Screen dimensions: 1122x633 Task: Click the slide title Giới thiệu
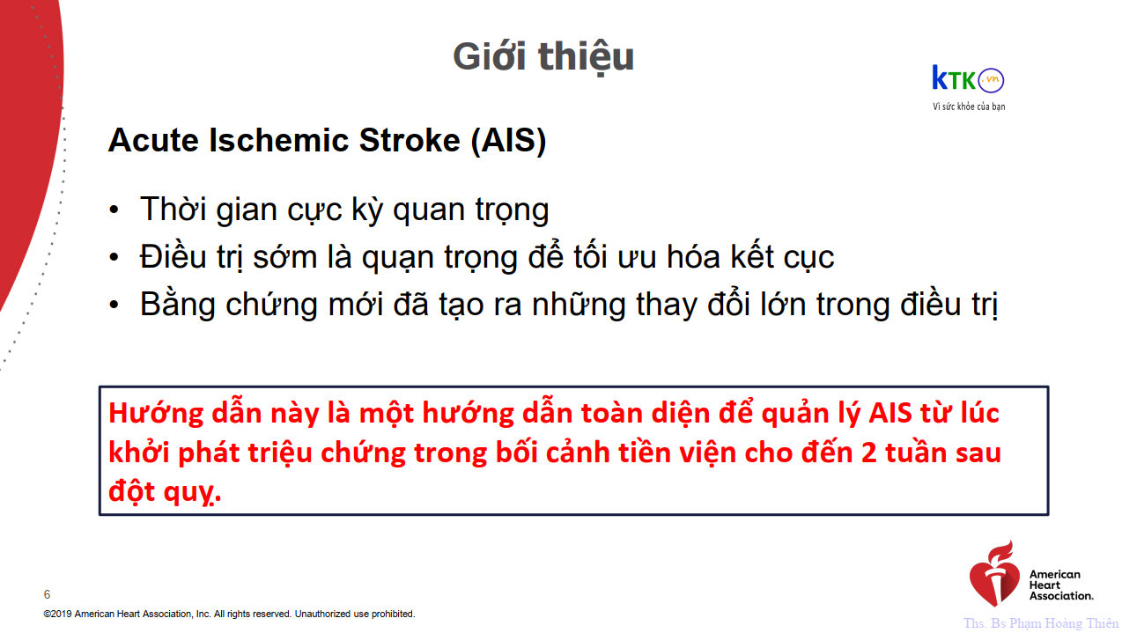(543, 57)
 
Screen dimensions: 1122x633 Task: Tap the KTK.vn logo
(968, 79)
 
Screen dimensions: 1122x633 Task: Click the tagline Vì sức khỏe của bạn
(969, 107)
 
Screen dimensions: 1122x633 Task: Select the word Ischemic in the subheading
(278, 140)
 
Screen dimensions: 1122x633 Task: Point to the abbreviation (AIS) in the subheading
(508, 141)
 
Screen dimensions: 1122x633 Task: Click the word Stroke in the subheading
(410, 140)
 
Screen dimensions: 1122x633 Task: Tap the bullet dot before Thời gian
(114, 210)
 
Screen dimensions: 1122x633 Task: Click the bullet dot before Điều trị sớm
(114, 257)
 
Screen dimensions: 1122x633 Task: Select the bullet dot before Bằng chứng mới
(114, 305)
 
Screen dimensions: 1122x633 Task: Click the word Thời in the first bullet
(173, 209)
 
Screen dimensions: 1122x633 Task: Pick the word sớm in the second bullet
(285, 257)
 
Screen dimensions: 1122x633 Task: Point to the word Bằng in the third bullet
(178, 305)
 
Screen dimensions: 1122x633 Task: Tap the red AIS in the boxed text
(890, 414)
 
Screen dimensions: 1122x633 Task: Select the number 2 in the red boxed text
(869, 453)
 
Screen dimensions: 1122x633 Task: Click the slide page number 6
(47, 594)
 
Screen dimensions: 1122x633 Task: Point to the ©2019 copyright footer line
(229, 614)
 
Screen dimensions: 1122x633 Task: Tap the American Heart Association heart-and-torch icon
(994, 573)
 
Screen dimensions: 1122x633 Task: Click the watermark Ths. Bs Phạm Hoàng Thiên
(1041, 623)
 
